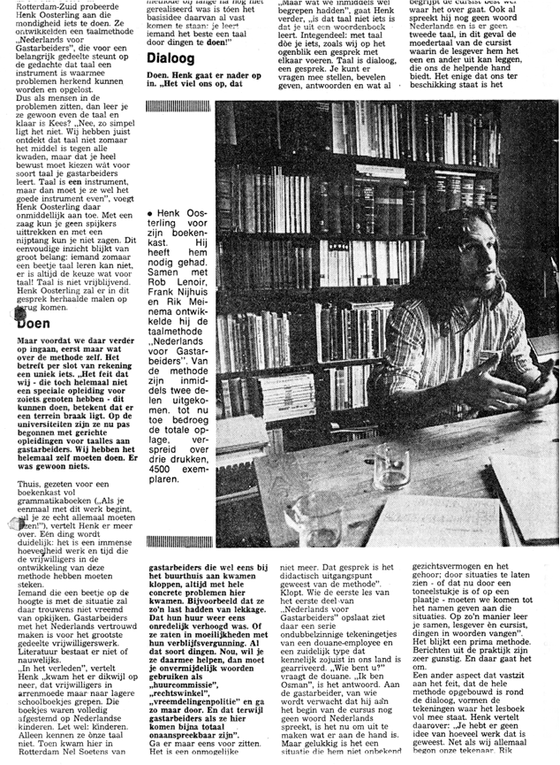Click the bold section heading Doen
(36, 324)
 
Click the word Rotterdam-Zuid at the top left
(39, 5)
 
